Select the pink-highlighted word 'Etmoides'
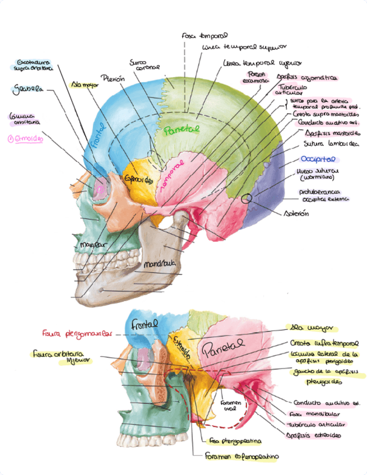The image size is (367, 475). click(26, 138)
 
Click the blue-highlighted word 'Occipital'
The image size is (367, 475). click(317, 159)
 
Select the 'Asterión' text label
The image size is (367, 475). click(296, 213)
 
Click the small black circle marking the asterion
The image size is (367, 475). click(246, 198)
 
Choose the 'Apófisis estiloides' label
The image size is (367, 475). click(314, 435)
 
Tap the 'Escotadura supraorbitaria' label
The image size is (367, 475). click(34, 65)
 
